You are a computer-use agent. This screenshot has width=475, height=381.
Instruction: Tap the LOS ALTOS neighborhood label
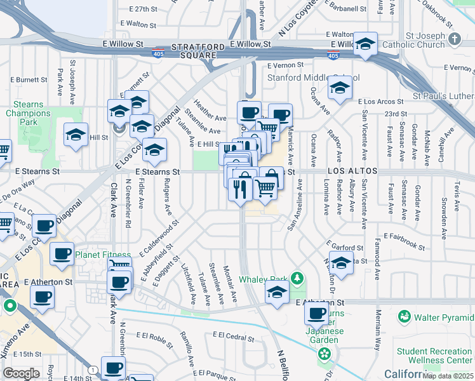pos(353,171)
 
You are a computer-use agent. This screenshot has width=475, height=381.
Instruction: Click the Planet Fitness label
pos(104,255)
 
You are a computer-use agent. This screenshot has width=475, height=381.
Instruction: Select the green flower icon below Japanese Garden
pos(324,353)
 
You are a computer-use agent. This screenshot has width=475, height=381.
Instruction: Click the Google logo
pos(21,373)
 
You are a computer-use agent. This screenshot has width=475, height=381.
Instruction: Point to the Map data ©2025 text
pos(448,376)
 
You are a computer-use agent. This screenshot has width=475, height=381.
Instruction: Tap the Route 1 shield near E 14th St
pos(93,370)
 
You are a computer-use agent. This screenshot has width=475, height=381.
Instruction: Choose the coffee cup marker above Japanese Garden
pos(316,312)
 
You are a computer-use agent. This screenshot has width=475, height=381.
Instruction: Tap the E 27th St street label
pos(142,10)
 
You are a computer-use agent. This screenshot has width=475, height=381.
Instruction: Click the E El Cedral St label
pos(233,335)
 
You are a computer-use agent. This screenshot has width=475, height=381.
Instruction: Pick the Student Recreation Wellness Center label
pos(434,356)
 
